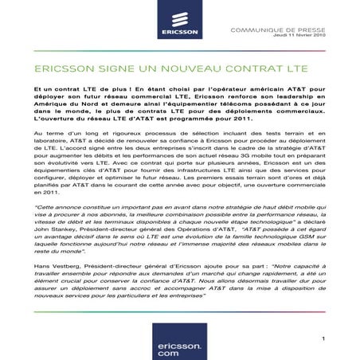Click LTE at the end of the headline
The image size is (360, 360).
click(270, 71)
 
